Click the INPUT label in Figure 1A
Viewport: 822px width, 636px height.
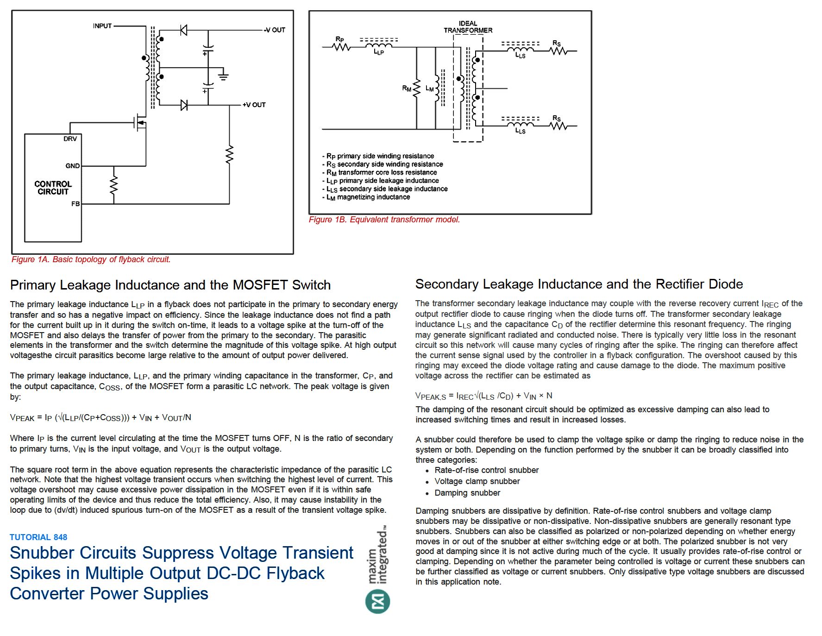click(102, 26)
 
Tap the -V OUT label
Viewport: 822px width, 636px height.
click(275, 30)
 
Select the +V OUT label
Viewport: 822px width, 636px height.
click(254, 105)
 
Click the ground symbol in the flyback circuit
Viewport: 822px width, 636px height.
click(223, 76)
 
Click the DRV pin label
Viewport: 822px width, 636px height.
click(70, 139)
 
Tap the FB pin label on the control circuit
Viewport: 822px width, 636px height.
click(75, 204)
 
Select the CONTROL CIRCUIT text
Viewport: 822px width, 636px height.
click(53, 188)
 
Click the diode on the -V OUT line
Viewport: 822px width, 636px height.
click(183, 31)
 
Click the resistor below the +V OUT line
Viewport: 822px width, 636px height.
click(229, 154)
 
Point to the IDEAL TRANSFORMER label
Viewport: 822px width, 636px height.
click(468, 27)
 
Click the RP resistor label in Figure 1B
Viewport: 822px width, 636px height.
click(340, 39)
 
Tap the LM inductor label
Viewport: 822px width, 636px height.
click(429, 88)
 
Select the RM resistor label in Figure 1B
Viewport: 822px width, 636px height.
click(407, 88)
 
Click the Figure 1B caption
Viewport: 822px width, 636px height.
click(384, 220)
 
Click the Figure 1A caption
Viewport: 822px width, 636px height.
click(91, 259)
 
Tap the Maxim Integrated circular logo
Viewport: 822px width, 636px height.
click(377, 602)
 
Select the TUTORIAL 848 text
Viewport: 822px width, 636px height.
click(38, 537)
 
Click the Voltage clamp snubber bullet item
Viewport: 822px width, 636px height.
click(477, 482)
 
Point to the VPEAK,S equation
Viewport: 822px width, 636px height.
click(483, 396)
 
